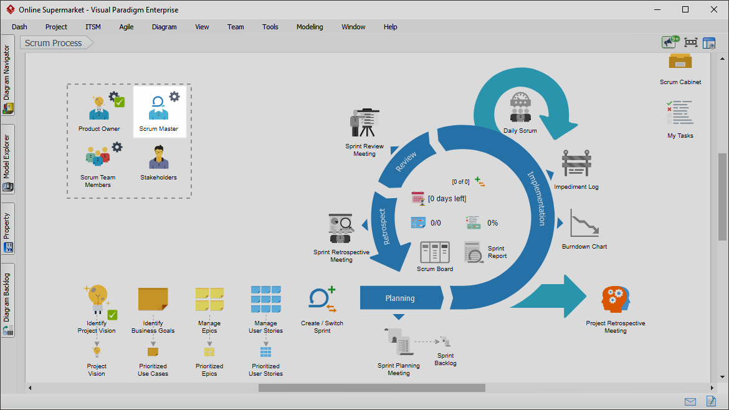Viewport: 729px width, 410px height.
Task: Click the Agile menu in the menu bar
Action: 126,27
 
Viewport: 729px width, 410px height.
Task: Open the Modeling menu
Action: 310,27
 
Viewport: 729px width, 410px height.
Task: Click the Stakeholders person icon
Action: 158,157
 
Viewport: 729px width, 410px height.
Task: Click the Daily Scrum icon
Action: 520,108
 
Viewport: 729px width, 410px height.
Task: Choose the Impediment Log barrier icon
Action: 576,163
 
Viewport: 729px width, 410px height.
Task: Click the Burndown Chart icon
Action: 584,223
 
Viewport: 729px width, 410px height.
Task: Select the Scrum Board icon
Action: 435,252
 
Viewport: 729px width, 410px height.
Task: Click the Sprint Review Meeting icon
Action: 364,123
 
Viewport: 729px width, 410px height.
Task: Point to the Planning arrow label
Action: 400,298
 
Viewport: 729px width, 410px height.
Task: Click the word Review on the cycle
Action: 406,161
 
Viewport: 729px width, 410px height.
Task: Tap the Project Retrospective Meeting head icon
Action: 615,299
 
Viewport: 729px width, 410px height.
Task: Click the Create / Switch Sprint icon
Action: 322,299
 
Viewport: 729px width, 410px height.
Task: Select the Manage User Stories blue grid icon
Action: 265,299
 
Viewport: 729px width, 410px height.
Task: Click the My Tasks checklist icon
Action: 680,113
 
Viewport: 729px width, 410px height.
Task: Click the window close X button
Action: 713,9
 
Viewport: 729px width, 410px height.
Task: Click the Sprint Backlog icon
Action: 445,342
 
